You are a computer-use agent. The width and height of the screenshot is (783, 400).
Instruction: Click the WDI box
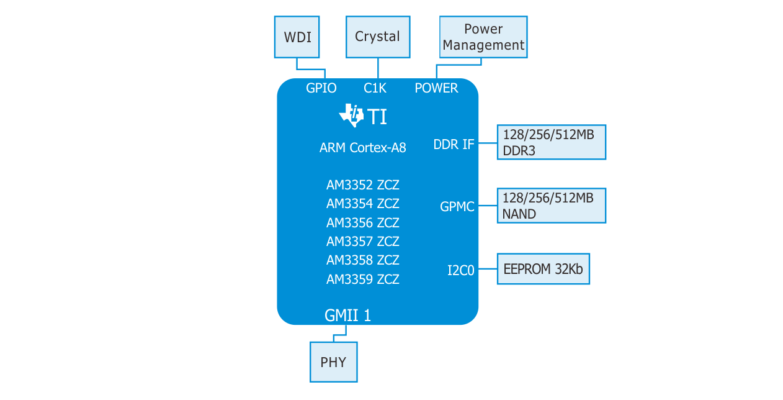297,37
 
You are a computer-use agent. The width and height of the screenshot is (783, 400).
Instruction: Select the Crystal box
377,37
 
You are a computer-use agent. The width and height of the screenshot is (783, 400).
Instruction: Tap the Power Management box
483,37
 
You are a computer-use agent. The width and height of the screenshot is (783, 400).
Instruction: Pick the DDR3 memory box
551,142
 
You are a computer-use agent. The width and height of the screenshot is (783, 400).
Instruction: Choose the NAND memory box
551,206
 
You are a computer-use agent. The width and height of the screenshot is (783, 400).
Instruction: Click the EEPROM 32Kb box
543,269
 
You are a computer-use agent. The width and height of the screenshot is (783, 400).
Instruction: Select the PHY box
334,362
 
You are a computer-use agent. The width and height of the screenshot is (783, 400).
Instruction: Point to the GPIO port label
321,88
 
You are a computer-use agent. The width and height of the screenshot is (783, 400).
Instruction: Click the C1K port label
375,88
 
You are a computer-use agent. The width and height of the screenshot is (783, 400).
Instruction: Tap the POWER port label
436,88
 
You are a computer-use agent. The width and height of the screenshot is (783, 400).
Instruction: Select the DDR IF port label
454,145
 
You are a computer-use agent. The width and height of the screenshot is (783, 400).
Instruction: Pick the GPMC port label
457,207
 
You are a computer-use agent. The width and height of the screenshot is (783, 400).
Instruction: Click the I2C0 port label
460,270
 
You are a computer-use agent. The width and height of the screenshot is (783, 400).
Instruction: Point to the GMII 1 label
347,316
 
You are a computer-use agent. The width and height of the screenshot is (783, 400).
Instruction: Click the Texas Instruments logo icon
351,116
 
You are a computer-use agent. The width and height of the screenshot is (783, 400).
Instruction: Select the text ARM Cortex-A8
363,148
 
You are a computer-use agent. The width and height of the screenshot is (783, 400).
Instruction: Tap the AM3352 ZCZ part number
363,185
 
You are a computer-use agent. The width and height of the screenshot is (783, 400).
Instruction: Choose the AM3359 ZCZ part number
363,280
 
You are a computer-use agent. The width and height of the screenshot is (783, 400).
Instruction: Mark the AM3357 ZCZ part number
363,241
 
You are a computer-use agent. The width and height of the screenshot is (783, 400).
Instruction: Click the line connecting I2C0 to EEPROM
488,270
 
